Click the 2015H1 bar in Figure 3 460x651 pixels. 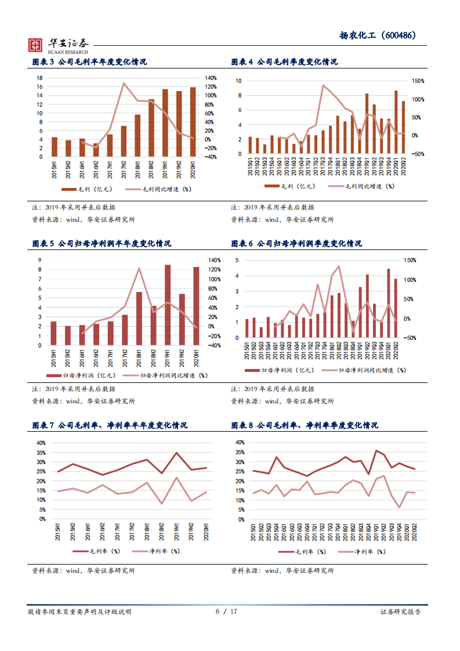(x=55, y=147)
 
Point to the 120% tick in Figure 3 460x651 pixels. (x=210, y=86)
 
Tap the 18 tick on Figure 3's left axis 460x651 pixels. (x=39, y=78)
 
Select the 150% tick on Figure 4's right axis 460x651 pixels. (x=418, y=81)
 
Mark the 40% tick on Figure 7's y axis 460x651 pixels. (x=41, y=443)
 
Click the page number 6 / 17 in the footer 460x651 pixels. (x=230, y=612)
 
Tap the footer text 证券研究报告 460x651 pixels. (x=401, y=612)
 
